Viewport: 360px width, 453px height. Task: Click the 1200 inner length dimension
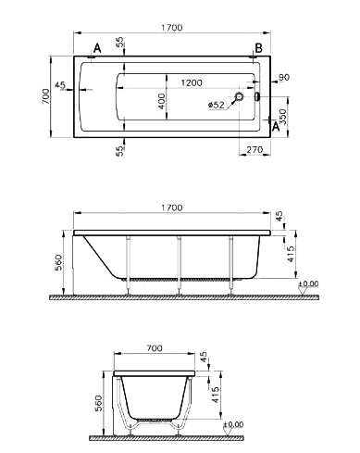[192, 82]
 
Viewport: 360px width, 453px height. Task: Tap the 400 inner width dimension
[161, 101]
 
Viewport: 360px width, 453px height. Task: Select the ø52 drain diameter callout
[217, 105]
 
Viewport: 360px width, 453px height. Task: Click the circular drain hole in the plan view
[239, 96]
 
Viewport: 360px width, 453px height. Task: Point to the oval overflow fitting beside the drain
[256, 96]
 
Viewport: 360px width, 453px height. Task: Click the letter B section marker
[258, 48]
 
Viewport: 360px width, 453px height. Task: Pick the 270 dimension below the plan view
[254, 150]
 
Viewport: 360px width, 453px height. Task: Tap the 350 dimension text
[283, 117]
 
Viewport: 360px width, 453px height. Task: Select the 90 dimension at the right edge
[284, 77]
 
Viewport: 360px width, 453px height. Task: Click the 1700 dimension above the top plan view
[172, 28]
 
